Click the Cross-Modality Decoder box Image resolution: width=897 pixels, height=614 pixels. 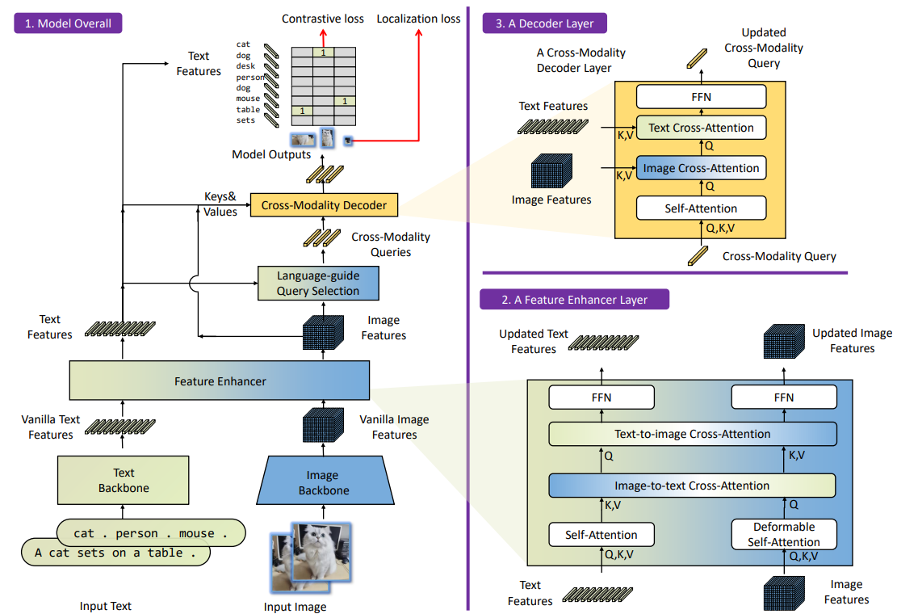tap(324, 205)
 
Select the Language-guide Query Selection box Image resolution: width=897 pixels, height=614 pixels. tap(318, 283)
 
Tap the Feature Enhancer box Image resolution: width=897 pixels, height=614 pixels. tap(220, 381)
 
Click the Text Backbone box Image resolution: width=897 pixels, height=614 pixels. tap(123, 480)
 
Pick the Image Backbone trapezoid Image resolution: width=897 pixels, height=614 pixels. tap(323, 482)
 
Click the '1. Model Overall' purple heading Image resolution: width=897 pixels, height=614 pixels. tap(68, 23)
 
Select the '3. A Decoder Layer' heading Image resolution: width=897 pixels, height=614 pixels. tap(545, 23)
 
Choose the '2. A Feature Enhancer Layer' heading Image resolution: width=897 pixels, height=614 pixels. tap(574, 300)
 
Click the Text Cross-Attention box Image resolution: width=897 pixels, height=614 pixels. tap(701, 128)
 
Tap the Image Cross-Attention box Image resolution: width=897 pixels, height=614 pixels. tap(701, 168)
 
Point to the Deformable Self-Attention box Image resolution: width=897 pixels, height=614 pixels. tap(784, 535)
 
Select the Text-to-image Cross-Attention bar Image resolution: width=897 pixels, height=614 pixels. tap(692, 434)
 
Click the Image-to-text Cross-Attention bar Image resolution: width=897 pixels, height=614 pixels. tap(692, 486)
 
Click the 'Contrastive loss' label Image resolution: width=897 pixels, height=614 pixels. tap(323, 18)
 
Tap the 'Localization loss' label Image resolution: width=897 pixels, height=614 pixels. tap(418, 18)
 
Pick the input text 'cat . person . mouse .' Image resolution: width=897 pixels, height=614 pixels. tap(149, 533)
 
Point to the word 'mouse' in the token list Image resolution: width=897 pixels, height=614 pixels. tap(248, 99)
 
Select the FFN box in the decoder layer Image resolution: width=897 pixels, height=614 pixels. tap(701, 97)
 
